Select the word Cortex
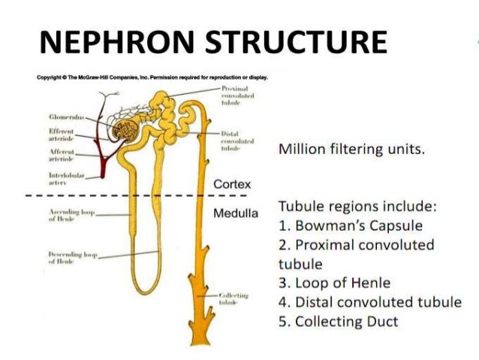(x=232, y=184)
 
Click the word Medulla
(x=235, y=214)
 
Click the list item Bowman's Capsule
(x=352, y=225)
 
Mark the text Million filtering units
(x=351, y=149)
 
